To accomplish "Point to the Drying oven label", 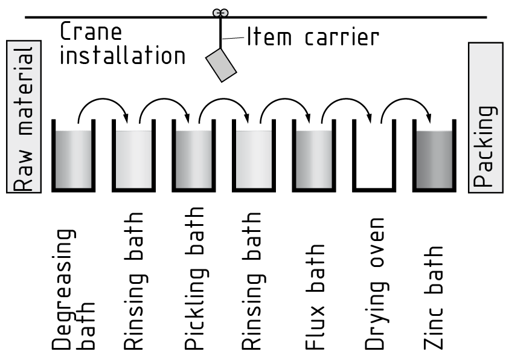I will click(x=375, y=284).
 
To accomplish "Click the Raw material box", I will click(x=24, y=117).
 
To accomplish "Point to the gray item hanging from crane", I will click(x=221, y=65).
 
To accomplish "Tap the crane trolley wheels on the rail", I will click(x=218, y=12).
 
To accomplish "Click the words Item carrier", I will click(x=312, y=37).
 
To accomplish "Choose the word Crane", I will click(x=91, y=31).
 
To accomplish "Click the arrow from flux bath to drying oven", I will click(x=344, y=104).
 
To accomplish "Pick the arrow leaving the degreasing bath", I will click(x=103, y=104).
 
